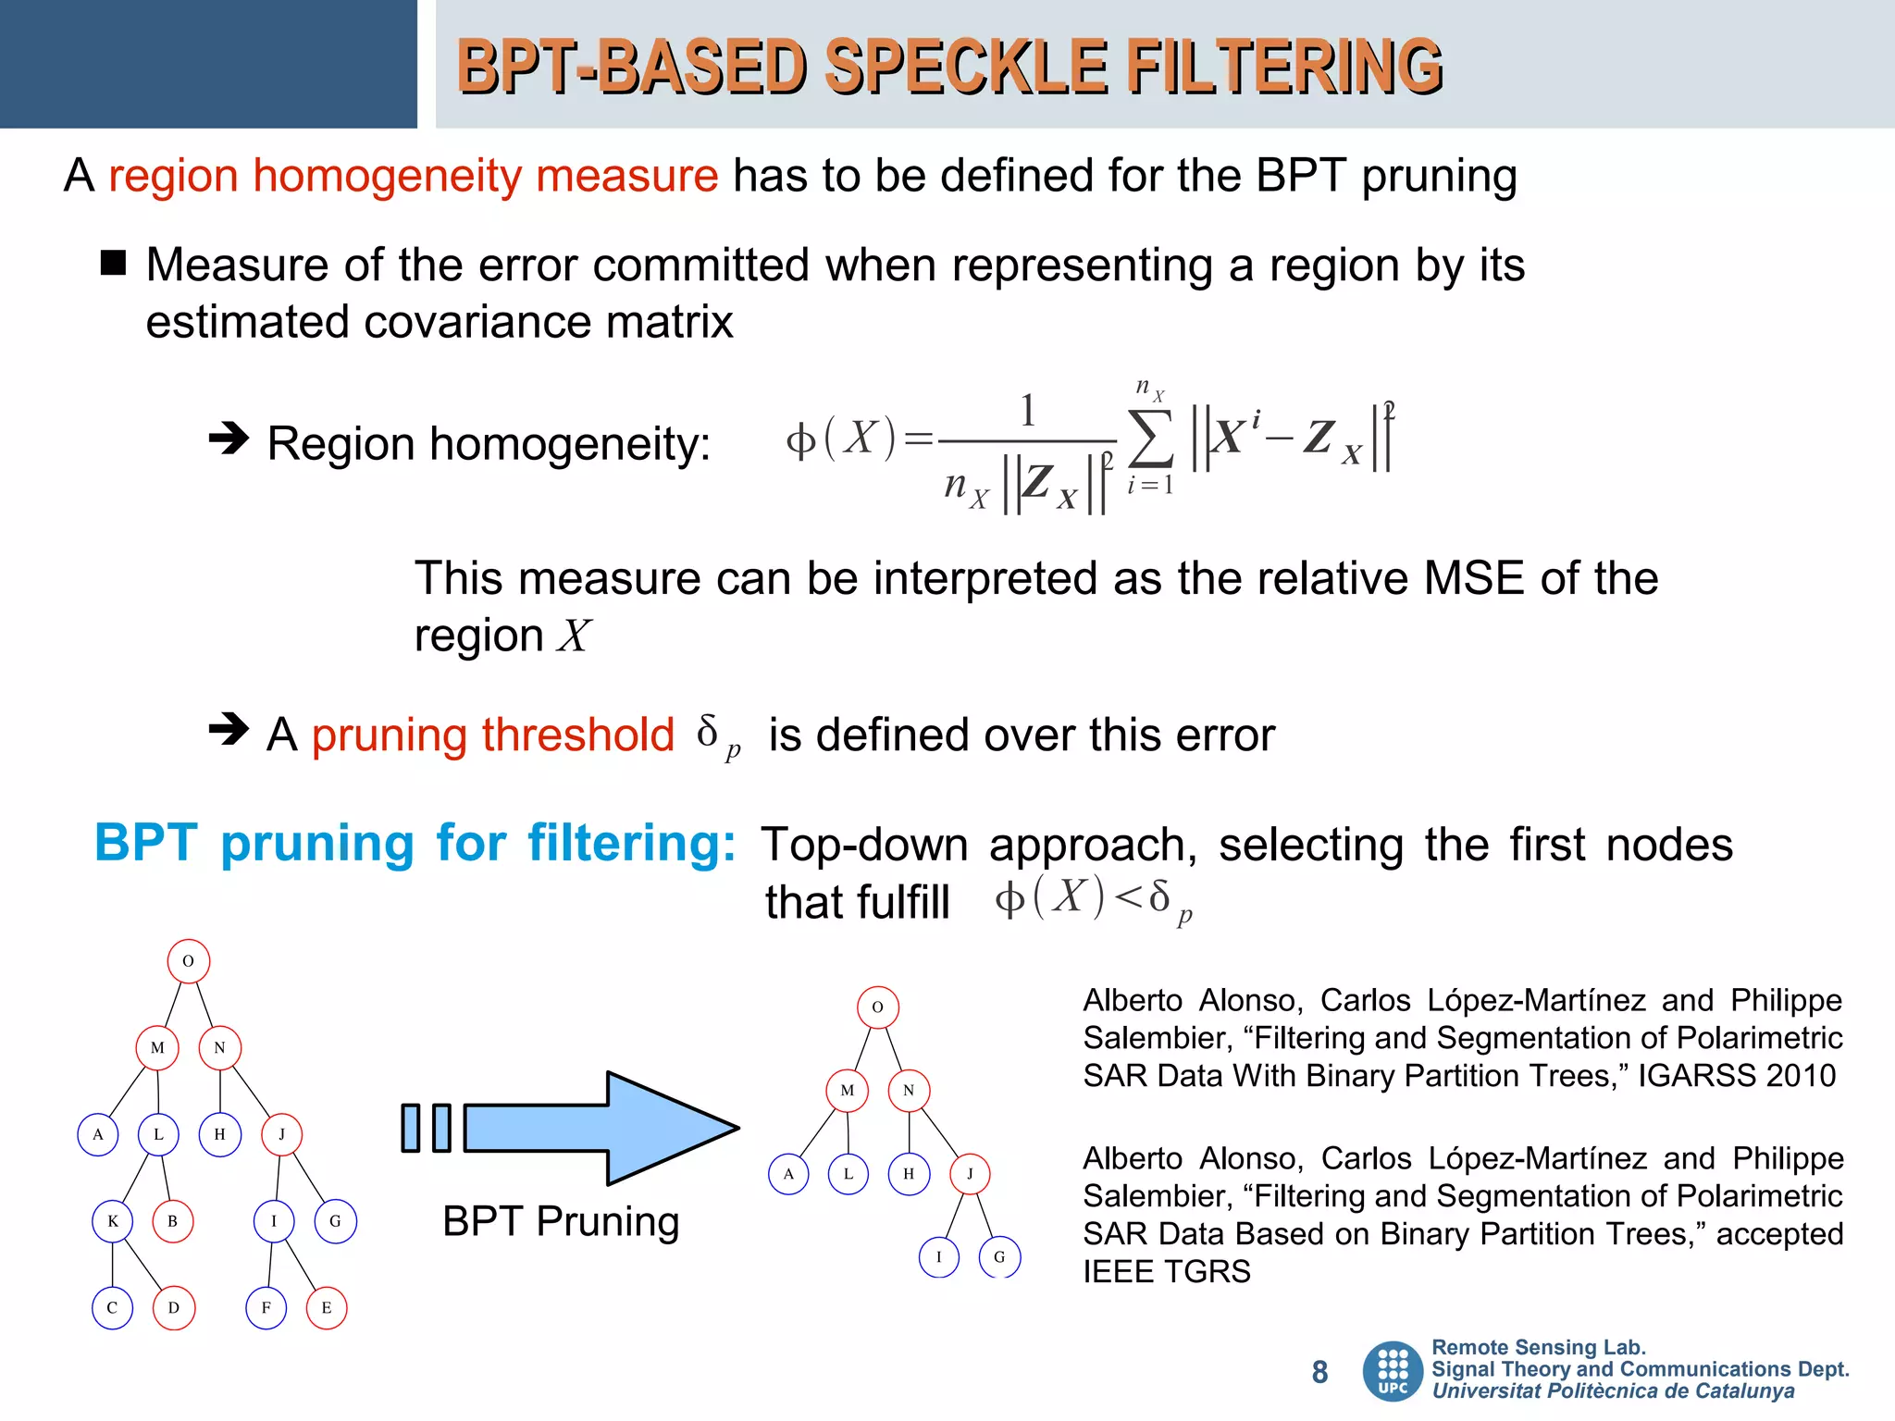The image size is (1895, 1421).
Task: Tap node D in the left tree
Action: (174, 1308)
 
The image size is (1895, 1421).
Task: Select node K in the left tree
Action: (113, 1221)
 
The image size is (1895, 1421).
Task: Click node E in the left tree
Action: (327, 1308)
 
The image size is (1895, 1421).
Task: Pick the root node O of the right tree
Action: (878, 1007)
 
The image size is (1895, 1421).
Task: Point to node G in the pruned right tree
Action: (999, 1256)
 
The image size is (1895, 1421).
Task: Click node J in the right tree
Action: (970, 1174)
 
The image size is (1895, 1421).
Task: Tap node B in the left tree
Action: (173, 1221)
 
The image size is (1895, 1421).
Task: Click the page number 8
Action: (1319, 1372)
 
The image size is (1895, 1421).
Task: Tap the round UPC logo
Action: (1393, 1371)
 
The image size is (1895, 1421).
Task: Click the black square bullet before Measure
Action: (113, 264)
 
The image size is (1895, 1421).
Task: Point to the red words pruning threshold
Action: (492, 735)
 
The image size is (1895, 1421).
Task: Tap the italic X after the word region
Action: (573, 636)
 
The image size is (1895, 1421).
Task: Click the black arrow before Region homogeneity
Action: (229, 438)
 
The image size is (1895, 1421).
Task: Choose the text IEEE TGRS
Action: (1166, 1272)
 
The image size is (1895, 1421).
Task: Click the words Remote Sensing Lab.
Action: (1538, 1348)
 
